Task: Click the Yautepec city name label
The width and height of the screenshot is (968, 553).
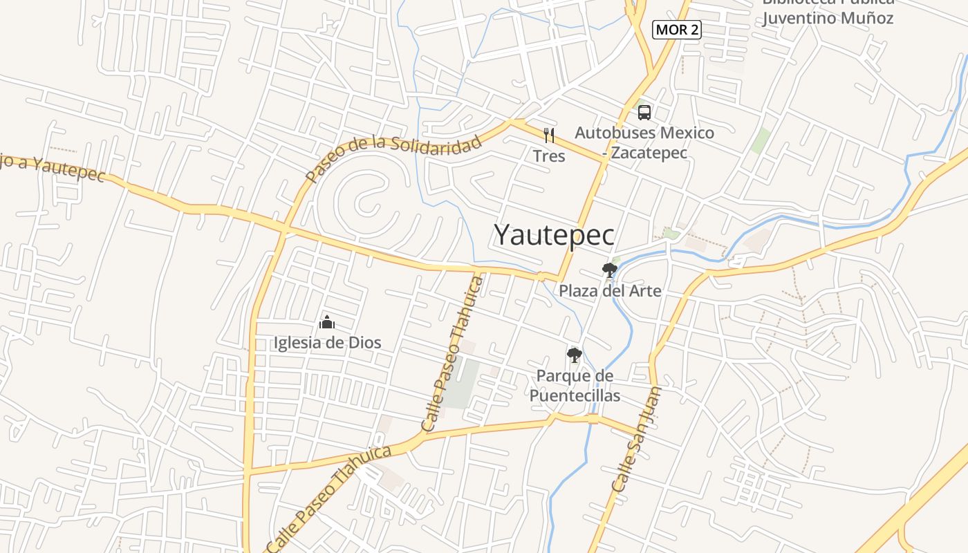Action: (554, 235)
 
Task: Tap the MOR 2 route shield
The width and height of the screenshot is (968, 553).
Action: (677, 30)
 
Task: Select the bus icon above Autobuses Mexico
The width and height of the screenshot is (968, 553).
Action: (644, 112)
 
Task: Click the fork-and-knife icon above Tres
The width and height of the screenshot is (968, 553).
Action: (549, 135)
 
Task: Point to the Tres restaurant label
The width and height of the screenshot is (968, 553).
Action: (549, 156)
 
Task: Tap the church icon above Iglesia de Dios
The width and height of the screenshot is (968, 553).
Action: (327, 322)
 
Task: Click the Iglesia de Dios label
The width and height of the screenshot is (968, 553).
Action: (327, 342)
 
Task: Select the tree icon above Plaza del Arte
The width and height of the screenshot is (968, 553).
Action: (609, 270)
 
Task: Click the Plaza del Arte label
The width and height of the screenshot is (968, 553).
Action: (610, 291)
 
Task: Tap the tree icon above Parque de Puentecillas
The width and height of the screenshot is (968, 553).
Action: (574, 355)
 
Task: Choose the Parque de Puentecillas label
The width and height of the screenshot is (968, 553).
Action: (575, 386)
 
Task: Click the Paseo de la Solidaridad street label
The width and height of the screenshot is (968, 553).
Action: (393, 157)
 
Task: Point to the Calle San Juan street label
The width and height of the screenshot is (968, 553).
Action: (637, 440)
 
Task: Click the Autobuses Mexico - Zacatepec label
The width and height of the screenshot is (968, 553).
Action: (644, 142)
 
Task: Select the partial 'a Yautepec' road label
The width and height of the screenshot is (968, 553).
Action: (53, 167)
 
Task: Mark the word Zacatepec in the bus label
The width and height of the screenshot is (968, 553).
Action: (649, 153)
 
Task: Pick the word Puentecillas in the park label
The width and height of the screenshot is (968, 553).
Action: (575, 396)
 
